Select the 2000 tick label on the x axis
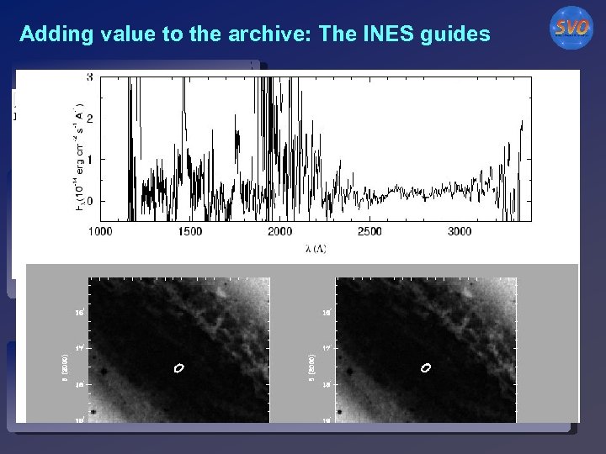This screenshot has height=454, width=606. [279, 231]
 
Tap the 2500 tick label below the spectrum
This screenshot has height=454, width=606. [369, 231]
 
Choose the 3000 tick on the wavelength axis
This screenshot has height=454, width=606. [460, 231]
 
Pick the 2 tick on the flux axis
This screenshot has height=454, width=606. [89, 119]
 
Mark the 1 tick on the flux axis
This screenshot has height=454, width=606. [89, 159]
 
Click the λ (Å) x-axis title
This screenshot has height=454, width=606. [316, 249]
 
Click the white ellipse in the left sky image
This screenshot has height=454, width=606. [178, 367]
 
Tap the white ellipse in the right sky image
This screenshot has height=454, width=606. [425, 367]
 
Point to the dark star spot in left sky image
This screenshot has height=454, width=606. [104, 371]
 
